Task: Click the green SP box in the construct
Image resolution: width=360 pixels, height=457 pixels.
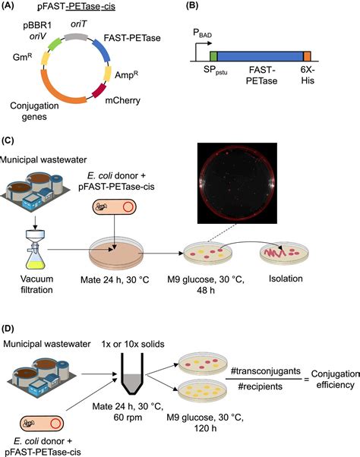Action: point(213,56)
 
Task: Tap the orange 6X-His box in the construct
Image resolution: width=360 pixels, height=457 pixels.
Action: point(307,56)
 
